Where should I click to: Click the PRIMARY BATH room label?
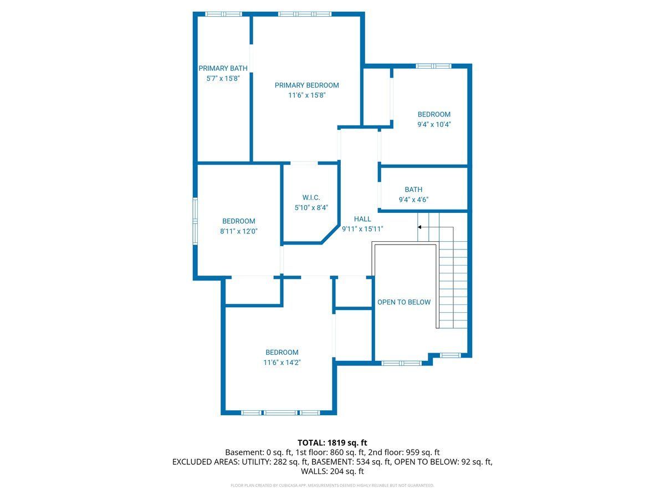point(223,68)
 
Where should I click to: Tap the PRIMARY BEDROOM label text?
point(306,85)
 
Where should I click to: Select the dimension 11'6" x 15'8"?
point(306,95)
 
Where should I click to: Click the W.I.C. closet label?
point(311,197)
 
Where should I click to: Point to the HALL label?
point(362,219)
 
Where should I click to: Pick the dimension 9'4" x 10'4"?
point(434,124)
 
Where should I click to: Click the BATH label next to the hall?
point(413,190)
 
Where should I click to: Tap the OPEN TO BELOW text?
point(404,302)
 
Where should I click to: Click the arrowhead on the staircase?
point(420,227)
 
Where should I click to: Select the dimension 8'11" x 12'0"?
point(239,231)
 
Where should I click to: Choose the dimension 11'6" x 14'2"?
point(282,363)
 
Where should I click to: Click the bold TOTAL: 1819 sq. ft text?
point(332,442)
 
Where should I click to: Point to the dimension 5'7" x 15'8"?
point(223,78)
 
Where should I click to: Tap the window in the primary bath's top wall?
point(223,14)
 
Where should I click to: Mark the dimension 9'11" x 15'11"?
point(362,229)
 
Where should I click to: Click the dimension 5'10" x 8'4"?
point(311,207)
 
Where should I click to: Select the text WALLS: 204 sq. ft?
point(332,471)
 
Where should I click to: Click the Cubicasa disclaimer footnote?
point(332,485)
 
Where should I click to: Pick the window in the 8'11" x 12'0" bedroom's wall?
point(196,221)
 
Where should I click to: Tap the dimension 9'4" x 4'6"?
point(413,200)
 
